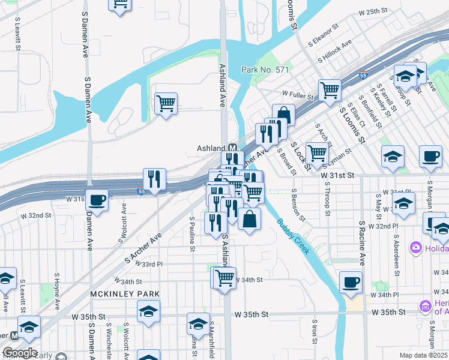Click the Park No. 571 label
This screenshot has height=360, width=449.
coord(265,70)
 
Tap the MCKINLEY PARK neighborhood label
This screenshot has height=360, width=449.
coord(125,294)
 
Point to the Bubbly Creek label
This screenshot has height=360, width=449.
coord(294,236)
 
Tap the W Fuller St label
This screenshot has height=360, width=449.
coord(298,95)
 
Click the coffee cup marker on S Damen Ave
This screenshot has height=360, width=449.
coord(97,199)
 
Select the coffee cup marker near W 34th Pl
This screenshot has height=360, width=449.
coord(351,281)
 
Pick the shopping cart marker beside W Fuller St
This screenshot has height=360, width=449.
coord(330,90)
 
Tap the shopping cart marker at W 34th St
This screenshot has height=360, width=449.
coord(224,277)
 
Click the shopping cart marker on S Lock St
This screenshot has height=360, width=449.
coord(316,152)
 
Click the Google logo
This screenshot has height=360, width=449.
coord(20,353)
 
